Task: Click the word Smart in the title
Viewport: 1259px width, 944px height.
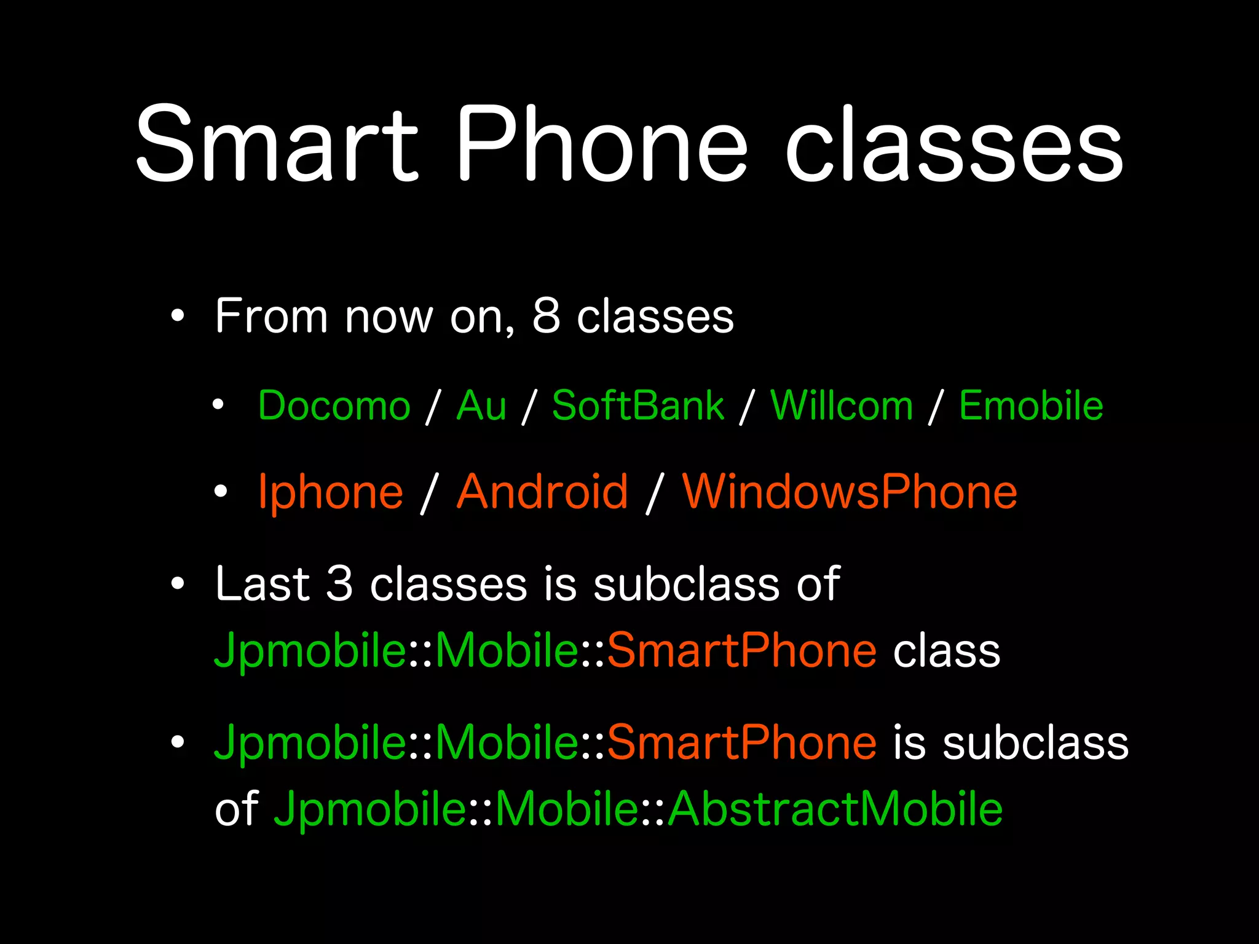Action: [x=277, y=144]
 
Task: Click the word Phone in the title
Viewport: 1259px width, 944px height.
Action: [x=601, y=144]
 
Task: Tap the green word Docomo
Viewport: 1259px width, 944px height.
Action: [x=334, y=406]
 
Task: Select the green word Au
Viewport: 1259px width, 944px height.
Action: [x=481, y=406]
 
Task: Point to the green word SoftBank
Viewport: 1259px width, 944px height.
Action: [x=638, y=406]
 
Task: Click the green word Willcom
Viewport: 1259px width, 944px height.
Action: [x=842, y=406]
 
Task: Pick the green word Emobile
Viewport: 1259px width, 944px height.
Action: [x=1031, y=406]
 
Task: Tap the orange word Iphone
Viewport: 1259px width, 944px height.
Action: [x=331, y=492]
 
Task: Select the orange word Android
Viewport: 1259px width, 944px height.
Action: [x=542, y=492]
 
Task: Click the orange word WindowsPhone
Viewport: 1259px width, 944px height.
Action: [x=850, y=492]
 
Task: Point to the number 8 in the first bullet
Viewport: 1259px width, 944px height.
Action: [x=546, y=317]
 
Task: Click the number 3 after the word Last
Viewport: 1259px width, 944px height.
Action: [x=339, y=583]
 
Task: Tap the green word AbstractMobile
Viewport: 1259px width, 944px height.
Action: [x=835, y=808]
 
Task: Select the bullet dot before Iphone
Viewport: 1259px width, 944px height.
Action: [x=220, y=491]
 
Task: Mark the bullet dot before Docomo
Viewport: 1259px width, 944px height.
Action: [x=218, y=404]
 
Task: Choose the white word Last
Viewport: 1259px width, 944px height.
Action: [x=262, y=583]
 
